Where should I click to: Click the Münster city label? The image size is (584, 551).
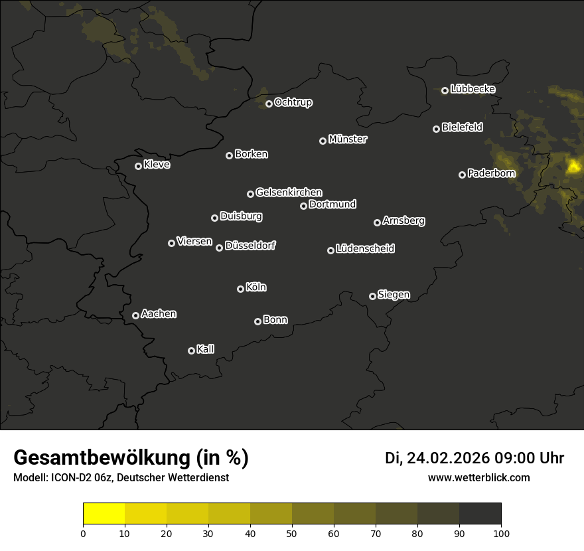click(x=348, y=139)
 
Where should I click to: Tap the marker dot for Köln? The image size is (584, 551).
click(x=240, y=289)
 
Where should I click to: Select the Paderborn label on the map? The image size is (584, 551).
click(x=491, y=173)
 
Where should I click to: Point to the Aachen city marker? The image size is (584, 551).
click(x=135, y=315)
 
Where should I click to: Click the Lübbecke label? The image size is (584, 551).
click(x=473, y=89)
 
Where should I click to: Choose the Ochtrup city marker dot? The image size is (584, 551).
click(x=269, y=104)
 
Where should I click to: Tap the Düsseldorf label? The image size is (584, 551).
click(x=250, y=246)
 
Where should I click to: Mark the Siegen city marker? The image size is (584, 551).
click(x=372, y=296)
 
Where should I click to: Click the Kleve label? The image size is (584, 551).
click(x=157, y=165)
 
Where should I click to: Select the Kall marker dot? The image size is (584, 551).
click(x=191, y=351)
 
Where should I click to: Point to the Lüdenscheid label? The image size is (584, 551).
click(x=365, y=249)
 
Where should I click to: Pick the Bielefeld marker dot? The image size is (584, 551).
click(x=436, y=129)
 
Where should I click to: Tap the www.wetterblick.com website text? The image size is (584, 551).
click(x=478, y=477)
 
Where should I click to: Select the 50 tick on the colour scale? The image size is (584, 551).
click(x=292, y=533)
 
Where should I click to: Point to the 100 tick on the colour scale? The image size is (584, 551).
click(x=501, y=533)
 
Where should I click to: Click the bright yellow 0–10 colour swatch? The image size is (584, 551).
click(x=104, y=514)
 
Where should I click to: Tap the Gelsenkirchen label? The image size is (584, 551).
click(x=289, y=193)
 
